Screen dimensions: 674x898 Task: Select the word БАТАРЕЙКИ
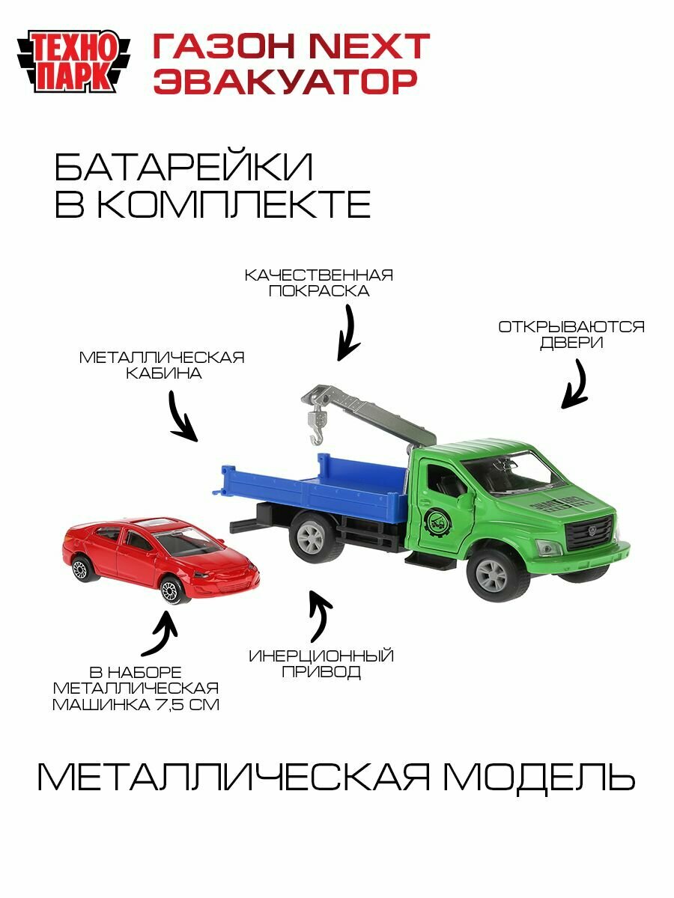(183, 168)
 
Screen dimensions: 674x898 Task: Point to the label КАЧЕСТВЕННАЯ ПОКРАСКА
(319, 283)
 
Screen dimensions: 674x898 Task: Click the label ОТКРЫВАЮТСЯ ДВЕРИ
(571, 335)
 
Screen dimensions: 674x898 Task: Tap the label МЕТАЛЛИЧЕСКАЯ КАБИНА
(163, 365)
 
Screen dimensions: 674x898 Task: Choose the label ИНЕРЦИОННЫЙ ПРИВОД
(321, 664)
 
